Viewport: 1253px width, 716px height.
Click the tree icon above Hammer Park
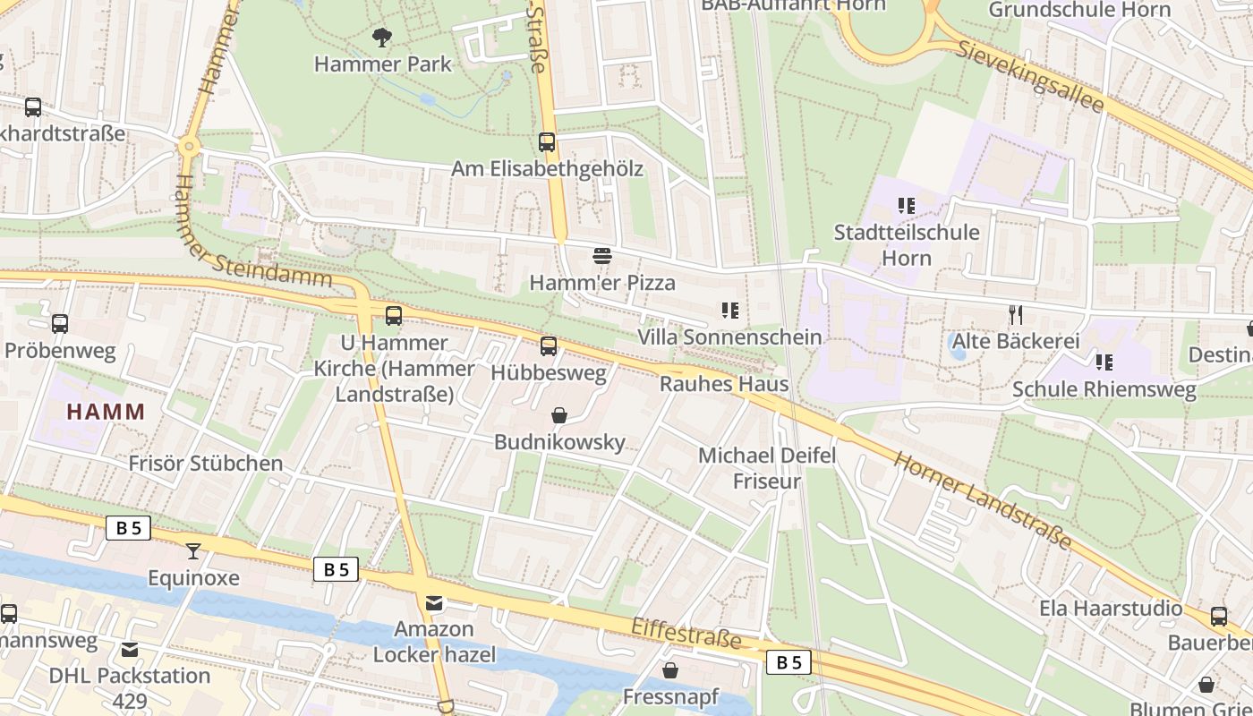coord(382,38)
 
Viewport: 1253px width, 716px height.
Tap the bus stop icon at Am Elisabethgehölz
coord(546,142)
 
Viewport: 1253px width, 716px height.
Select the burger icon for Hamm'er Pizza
coord(601,256)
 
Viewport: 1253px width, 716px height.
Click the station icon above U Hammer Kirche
coord(394,316)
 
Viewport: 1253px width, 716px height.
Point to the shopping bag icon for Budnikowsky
coord(559,415)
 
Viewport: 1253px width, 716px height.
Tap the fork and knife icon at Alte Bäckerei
coord(1015,314)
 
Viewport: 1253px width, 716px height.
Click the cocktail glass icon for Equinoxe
coord(193,550)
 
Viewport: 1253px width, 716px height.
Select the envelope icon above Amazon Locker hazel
coord(434,602)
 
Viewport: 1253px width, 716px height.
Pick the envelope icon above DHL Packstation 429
coord(131,649)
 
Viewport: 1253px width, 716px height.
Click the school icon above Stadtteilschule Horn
coord(907,206)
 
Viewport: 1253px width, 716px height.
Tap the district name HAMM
coord(106,413)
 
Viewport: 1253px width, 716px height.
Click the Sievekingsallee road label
coord(1030,75)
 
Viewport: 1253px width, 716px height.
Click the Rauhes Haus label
coord(724,384)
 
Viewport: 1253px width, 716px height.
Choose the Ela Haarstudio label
coord(1110,609)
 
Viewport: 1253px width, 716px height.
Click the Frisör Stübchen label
coord(206,464)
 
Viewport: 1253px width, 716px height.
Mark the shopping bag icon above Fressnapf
coord(670,670)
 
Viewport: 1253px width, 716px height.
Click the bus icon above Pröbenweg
coord(60,324)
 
